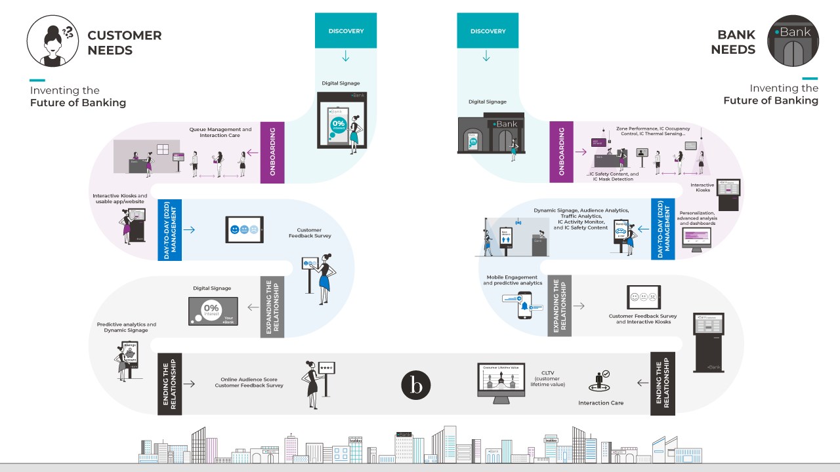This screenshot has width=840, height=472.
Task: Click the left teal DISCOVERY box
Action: (346, 31)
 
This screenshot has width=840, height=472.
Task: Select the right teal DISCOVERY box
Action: (487, 31)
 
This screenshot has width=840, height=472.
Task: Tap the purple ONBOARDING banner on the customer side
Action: (272, 151)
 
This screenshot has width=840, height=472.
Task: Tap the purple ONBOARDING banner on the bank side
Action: (561, 151)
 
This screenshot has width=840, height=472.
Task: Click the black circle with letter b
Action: (416, 385)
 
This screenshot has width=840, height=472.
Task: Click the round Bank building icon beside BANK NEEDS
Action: (793, 41)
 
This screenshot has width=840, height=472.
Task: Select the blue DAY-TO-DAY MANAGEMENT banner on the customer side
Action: (169, 229)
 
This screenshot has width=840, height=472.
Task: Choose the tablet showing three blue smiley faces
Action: (244, 229)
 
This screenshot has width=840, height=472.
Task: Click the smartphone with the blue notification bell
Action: (524, 305)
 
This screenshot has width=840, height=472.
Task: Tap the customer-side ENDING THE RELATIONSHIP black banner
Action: (169, 383)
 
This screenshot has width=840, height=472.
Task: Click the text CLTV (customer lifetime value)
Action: (549, 379)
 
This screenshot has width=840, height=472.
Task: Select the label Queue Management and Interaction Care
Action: (220, 132)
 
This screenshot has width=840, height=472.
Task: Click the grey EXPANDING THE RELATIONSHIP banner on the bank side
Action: (559, 305)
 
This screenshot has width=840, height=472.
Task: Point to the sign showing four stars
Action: (326, 369)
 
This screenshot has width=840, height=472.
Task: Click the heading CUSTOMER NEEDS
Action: (124, 43)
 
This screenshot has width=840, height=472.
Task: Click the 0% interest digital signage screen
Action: (213, 311)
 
